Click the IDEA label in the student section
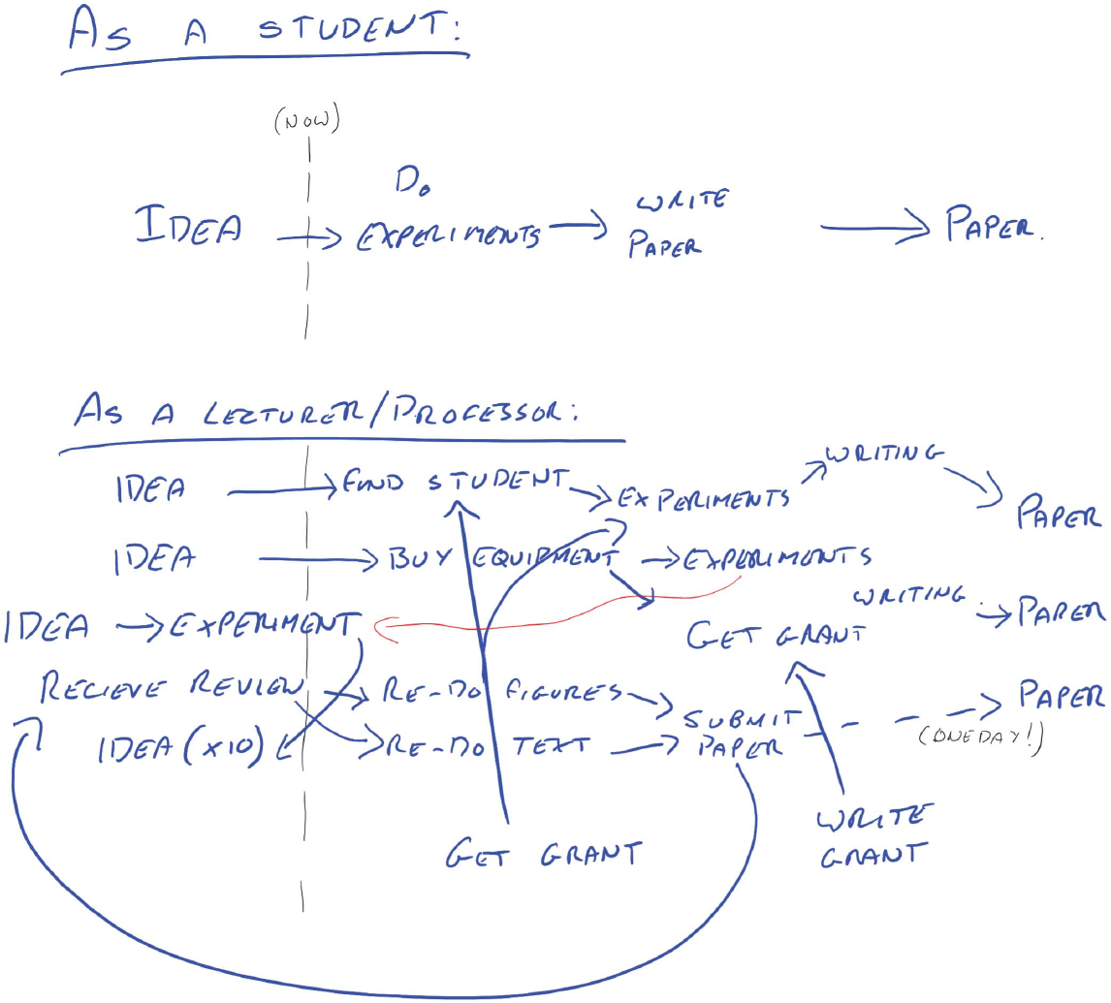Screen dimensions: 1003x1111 (189, 228)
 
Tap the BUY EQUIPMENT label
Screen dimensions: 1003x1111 (498, 559)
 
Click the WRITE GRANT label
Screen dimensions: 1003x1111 (872, 834)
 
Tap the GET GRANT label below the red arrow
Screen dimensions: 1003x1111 (776, 635)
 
